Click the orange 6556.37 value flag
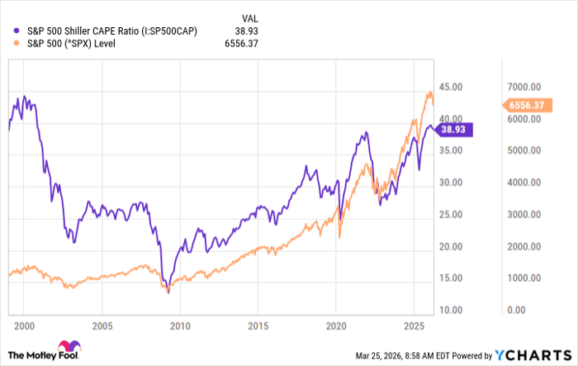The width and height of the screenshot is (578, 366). point(526,105)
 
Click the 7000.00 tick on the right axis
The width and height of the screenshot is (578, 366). point(524,87)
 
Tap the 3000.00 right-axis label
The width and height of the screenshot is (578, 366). point(524,215)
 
